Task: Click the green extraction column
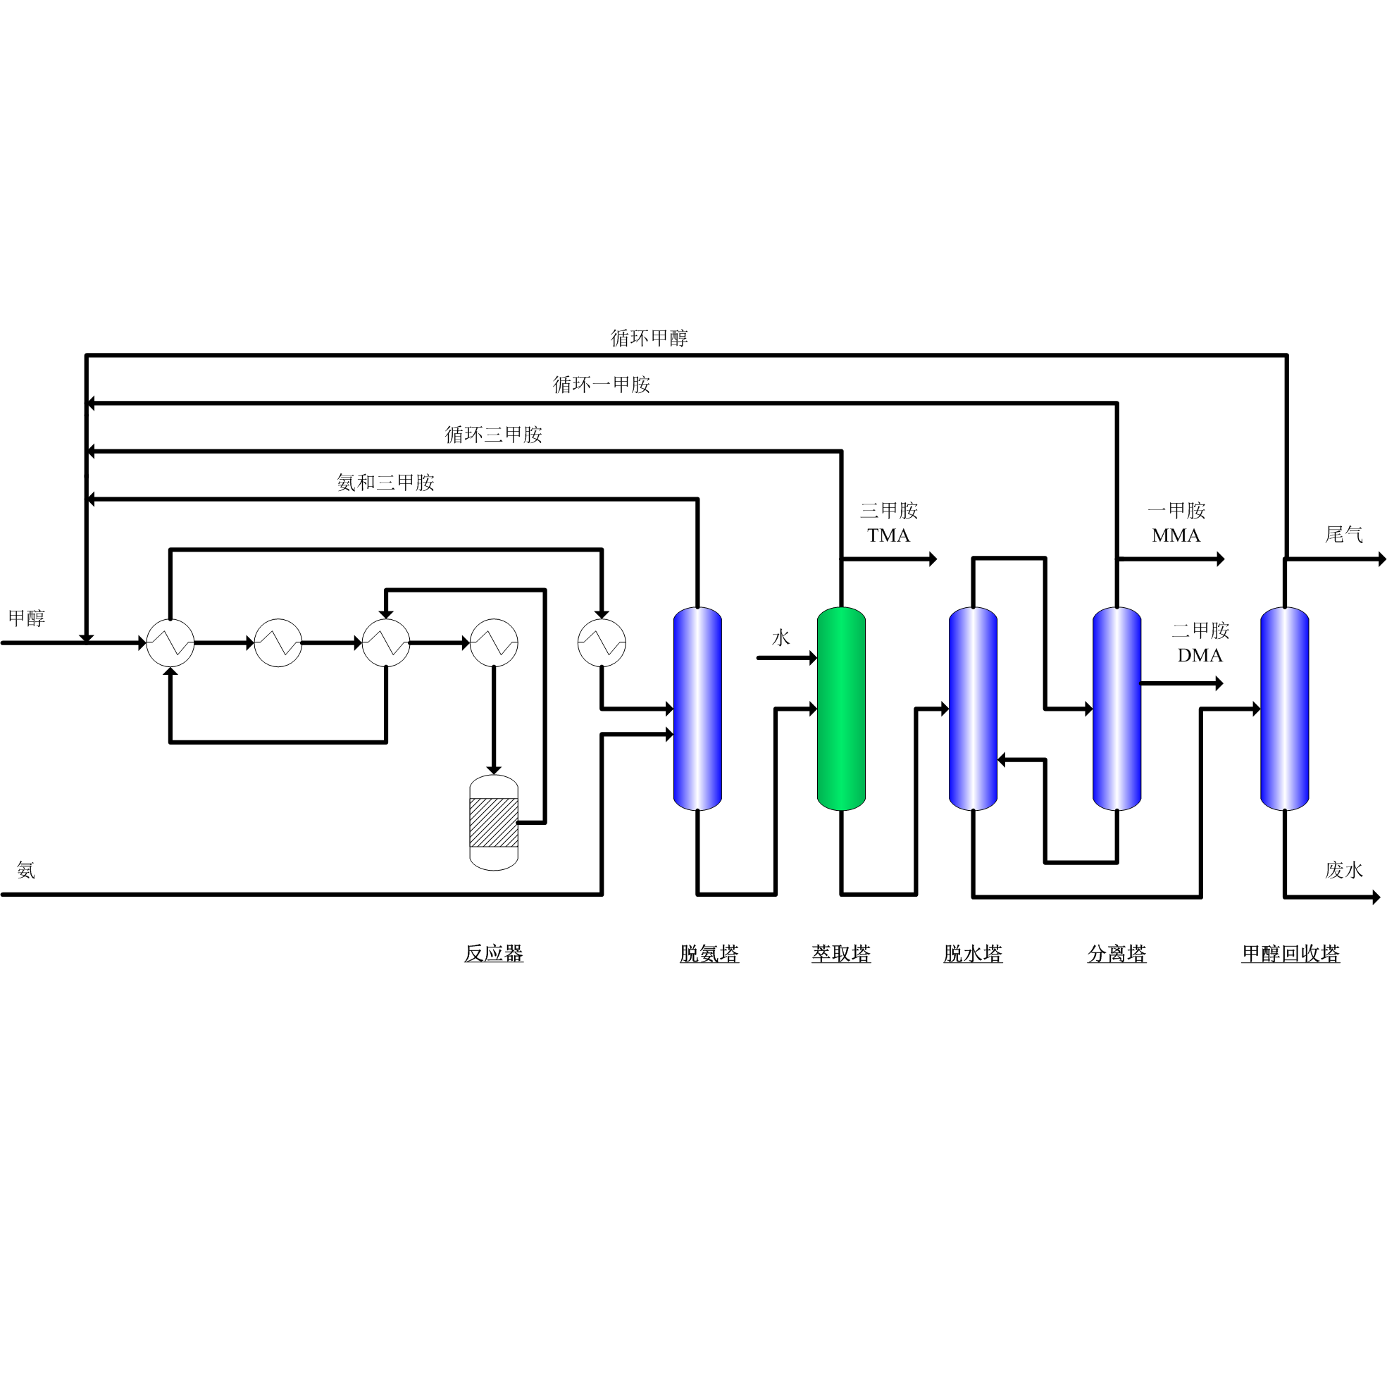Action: tap(840, 709)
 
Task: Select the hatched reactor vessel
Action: tap(493, 822)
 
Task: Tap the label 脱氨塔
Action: tap(709, 954)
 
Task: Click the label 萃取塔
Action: tap(840, 954)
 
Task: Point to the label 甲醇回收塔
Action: tap(1290, 954)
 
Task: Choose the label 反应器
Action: tap(493, 954)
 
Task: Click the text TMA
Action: tap(888, 535)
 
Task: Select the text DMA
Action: tap(1200, 655)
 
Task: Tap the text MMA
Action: tap(1176, 535)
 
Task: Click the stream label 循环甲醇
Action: tap(649, 338)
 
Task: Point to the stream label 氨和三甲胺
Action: tap(385, 483)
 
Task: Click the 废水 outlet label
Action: tap(1343, 870)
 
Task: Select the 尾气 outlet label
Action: tap(1343, 534)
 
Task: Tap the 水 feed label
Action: tap(780, 637)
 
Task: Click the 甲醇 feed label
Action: tap(27, 618)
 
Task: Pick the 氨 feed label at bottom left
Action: tap(26, 870)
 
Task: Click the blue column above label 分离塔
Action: tap(1117, 709)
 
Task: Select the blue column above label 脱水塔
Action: tap(973, 709)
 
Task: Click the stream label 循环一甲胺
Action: tap(601, 385)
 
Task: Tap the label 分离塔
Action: tap(1117, 954)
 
